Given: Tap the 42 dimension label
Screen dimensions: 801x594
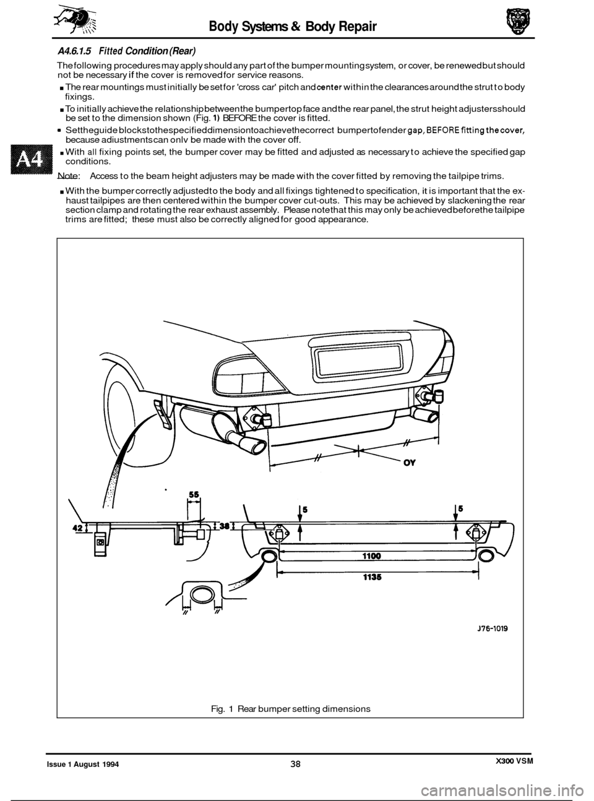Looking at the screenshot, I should coord(77,528).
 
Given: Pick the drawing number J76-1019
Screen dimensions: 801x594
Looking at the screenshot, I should coord(493,628).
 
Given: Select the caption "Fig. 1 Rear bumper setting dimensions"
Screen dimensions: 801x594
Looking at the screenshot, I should coord(290,709).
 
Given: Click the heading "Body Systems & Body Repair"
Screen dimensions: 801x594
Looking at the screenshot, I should coord(293,26).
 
